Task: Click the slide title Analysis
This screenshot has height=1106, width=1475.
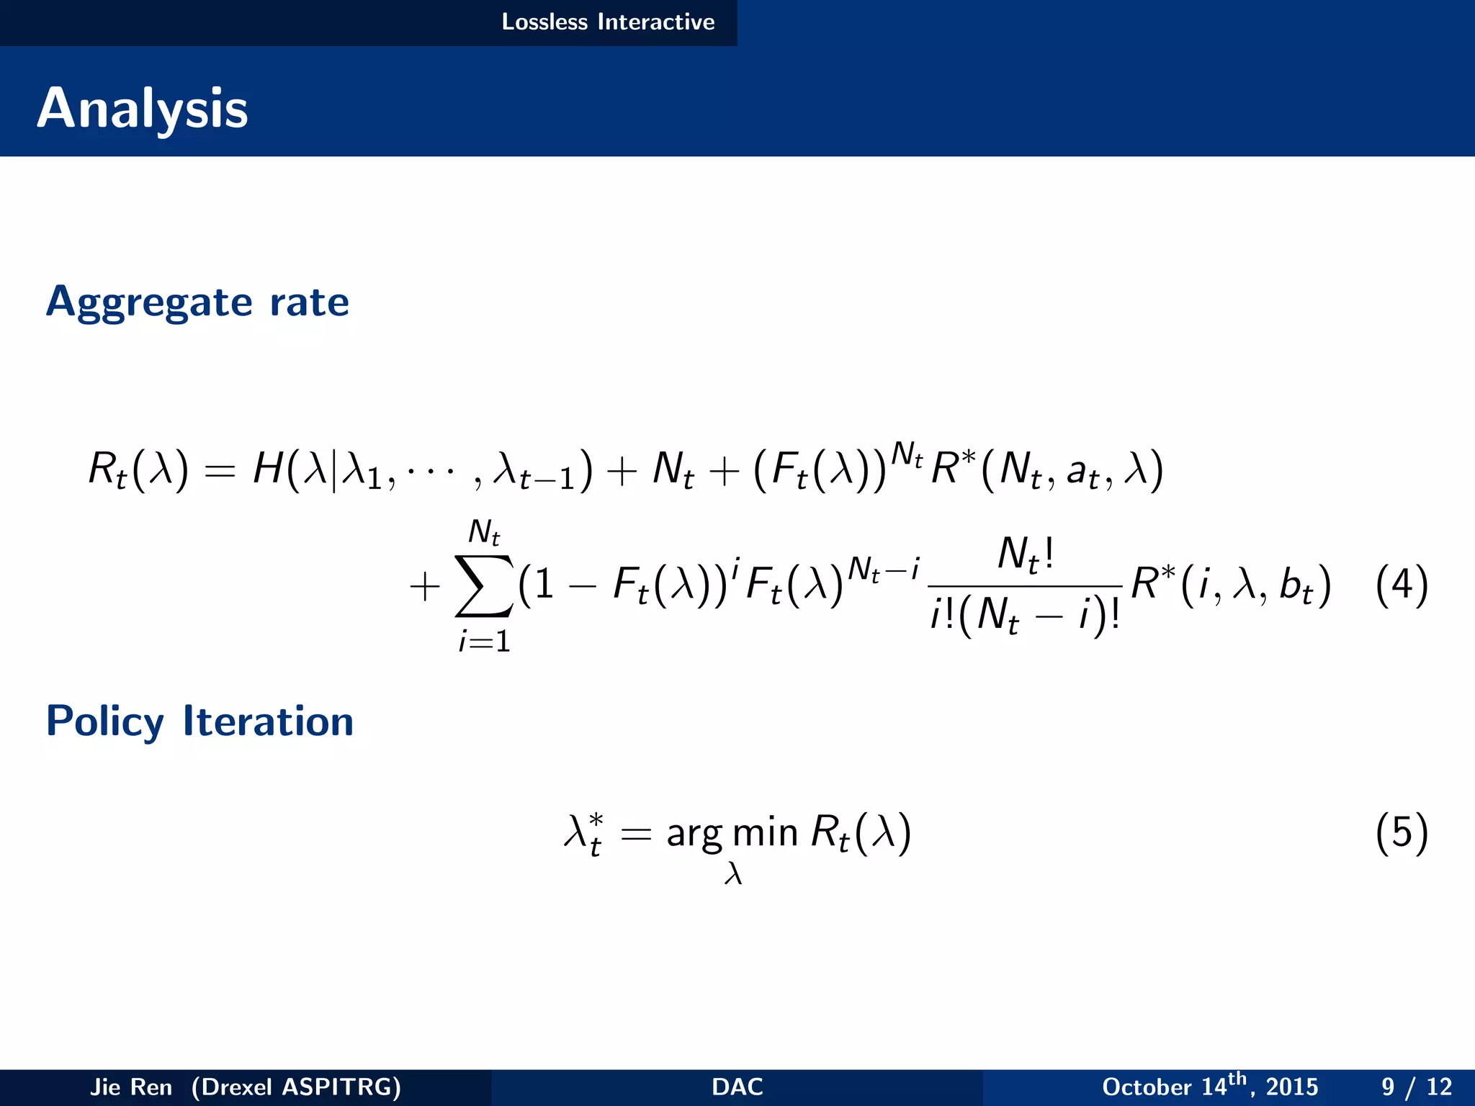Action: tap(143, 108)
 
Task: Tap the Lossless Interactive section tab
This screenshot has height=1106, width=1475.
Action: tap(608, 22)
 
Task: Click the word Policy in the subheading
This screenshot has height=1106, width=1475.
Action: tap(105, 721)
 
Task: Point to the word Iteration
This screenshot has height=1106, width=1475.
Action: tap(268, 721)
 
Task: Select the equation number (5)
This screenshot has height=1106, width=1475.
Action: tap(1401, 832)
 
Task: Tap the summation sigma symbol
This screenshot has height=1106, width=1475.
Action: tap(484, 585)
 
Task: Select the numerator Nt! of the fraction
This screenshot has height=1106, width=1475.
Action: tap(1026, 556)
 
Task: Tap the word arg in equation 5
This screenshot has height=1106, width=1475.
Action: tap(694, 834)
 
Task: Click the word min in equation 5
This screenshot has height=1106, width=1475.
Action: tap(765, 832)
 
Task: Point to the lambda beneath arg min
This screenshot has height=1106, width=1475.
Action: tap(733, 873)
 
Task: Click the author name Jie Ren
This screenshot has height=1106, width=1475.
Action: tap(131, 1087)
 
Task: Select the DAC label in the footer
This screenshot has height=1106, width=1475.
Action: tap(737, 1087)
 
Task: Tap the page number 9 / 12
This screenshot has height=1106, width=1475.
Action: tap(1416, 1087)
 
